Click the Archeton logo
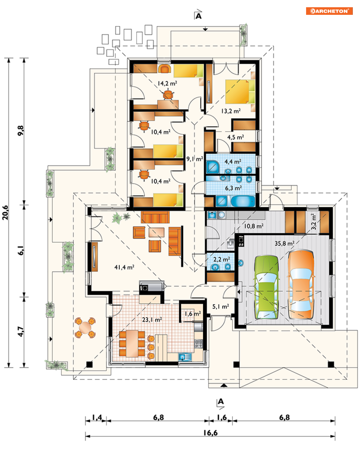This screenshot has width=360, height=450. click(329, 11)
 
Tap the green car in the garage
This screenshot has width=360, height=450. click(266, 287)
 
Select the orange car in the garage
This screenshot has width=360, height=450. click(301, 284)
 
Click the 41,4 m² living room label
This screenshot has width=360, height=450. click(124, 267)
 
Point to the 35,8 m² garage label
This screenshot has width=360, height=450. click(284, 243)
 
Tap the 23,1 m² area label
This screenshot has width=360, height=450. click(152, 320)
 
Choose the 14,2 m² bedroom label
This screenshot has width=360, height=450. click(168, 84)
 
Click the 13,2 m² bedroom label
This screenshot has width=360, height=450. click(231, 111)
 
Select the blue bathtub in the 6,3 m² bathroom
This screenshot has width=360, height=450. click(243, 201)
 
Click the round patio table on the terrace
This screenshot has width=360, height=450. click(85, 327)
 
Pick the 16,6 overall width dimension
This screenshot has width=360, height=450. click(211, 433)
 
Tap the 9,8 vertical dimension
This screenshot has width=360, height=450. click(21, 131)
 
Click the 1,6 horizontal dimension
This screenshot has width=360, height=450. click(222, 417)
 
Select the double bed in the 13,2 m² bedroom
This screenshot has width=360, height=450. click(240, 92)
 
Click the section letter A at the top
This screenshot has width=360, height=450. click(199, 16)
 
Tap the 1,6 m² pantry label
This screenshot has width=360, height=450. click(193, 314)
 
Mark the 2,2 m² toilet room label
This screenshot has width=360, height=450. click(221, 259)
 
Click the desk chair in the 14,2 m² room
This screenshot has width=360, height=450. click(168, 95)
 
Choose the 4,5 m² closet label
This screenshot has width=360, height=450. click(236, 137)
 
